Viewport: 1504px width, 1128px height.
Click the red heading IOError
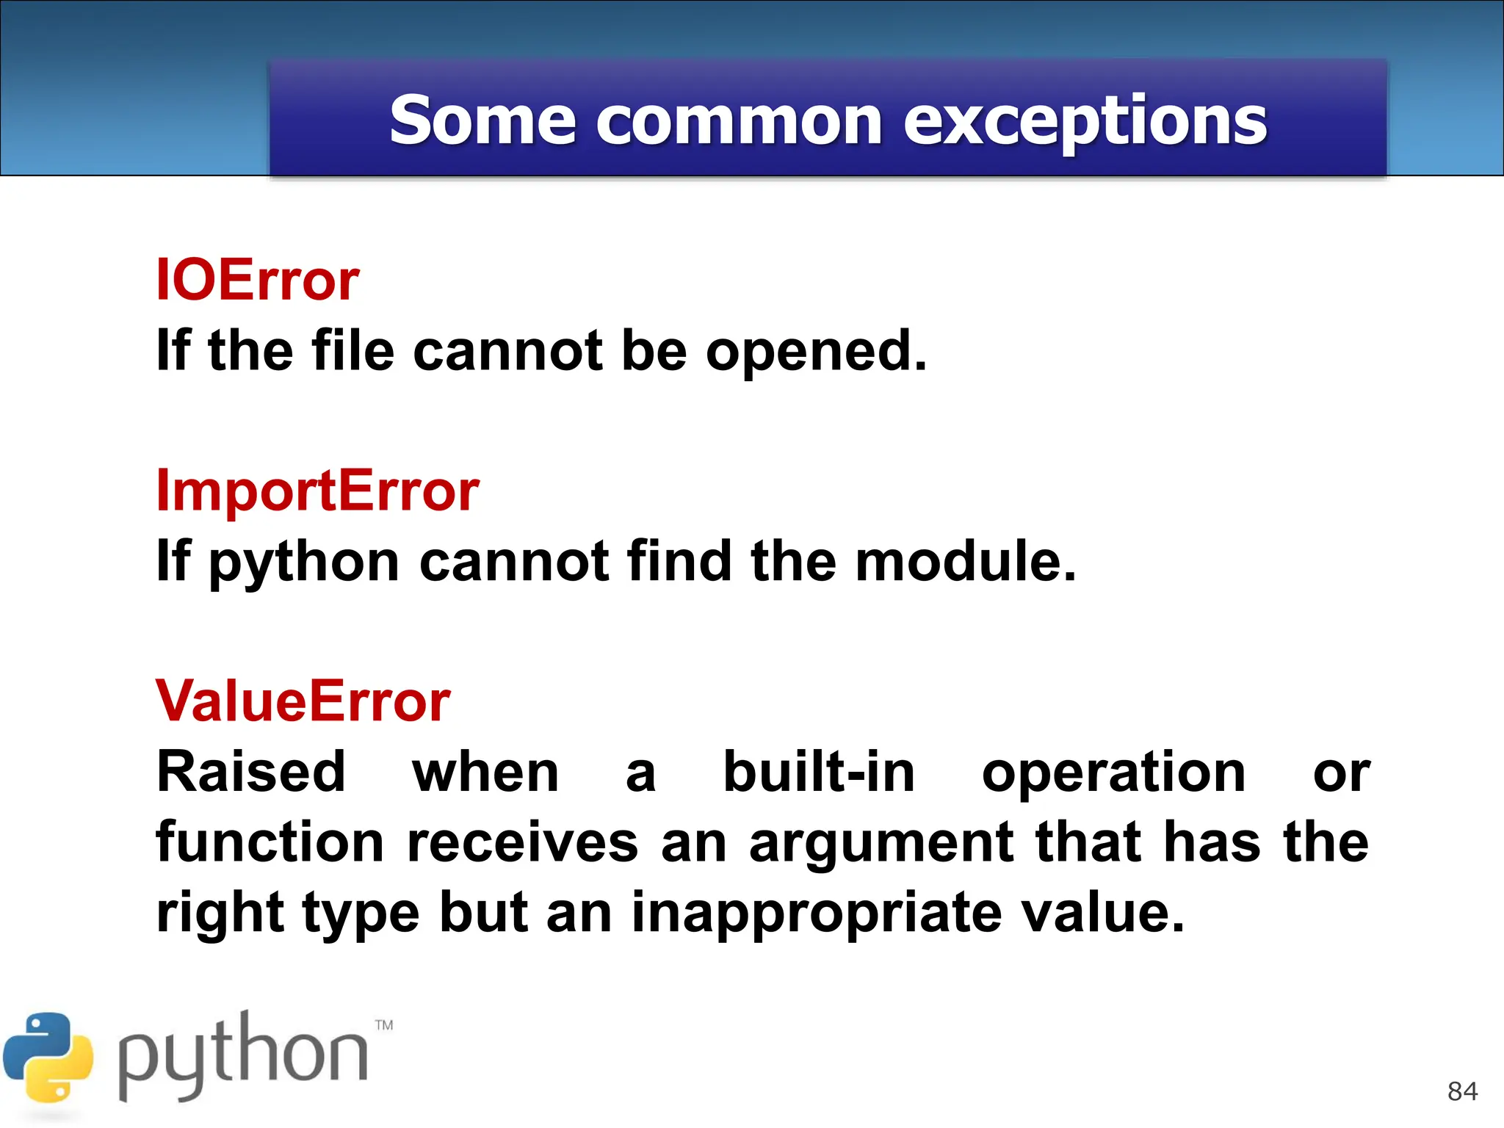pos(257,281)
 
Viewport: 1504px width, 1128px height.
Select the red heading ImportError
pos(317,491)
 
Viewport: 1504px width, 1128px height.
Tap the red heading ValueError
pos(303,701)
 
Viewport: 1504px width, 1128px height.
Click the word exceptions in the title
pos(1085,121)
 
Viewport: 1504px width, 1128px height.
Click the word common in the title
pos(739,121)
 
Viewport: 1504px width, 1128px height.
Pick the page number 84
pos(1461,1091)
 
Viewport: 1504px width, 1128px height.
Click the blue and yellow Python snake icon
pos(48,1057)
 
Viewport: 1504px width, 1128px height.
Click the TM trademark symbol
pos(384,1025)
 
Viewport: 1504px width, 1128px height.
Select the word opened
pos(816,351)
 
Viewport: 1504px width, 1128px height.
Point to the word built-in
pos(819,773)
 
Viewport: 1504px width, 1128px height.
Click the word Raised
pos(250,773)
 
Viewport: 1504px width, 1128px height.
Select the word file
pos(353,351)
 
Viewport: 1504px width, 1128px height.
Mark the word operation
pos(1113,773)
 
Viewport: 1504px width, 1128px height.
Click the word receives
pos(522,842)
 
